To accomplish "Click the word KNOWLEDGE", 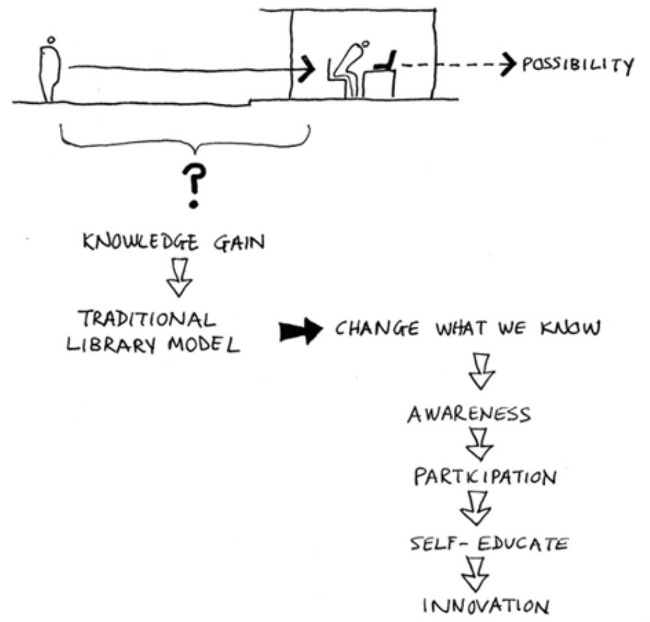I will pos(135,243).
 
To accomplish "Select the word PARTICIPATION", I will pos(485,477).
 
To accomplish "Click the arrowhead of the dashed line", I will pos(504,65).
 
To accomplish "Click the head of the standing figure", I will pos(49,40).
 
